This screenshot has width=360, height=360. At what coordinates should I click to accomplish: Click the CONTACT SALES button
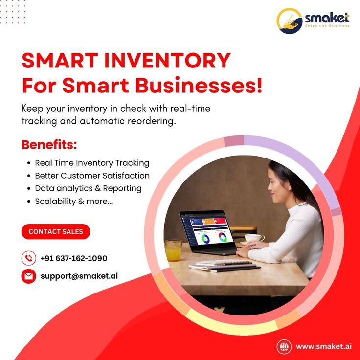[56, 231]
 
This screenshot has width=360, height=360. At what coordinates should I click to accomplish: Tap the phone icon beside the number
[29, 258]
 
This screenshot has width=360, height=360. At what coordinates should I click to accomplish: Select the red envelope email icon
[29, 276]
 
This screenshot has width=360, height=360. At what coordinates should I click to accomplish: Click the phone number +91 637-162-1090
[74, 258]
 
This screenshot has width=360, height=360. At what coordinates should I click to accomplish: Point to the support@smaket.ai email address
[79, 276]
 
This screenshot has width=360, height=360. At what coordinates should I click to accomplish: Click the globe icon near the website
[284, 346]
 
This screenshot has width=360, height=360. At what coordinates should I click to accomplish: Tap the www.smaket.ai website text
[324, 346]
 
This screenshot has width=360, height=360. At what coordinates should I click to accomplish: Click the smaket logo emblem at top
[289, 21]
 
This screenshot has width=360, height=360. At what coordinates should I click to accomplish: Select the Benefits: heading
[49, 145]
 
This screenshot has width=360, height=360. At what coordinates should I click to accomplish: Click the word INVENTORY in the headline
[167, 60]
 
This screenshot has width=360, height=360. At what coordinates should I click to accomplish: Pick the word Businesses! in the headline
[199, 86]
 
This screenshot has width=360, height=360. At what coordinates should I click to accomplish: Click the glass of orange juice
[173, 250]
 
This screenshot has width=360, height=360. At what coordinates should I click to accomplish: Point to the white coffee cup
[254, 238]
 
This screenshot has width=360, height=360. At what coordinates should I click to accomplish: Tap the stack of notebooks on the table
[225, 266]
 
